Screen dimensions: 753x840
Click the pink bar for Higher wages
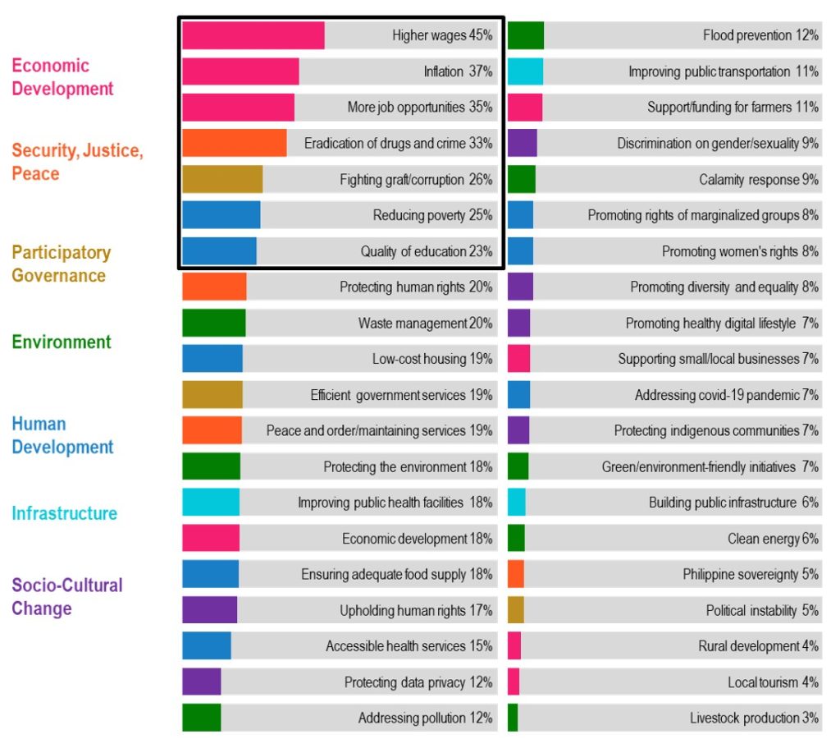click(253, 35)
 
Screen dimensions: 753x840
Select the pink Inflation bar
click(240, 71)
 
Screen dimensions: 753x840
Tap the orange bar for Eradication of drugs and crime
click(234, 143)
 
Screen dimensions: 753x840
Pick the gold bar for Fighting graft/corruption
click(222, 179)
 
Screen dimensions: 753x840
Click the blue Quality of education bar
click(219, 251)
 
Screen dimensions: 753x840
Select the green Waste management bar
click(213, 323)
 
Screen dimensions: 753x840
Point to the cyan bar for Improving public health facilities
click(211, 502)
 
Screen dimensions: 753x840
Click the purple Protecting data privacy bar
click(201, 682)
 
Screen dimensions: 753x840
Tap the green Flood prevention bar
click(525, 35)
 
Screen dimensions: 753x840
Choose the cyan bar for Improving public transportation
click(525, 71)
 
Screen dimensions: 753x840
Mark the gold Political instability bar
click(515, 610)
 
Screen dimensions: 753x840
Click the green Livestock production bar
click(513, 718)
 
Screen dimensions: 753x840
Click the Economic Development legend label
click(62, 77)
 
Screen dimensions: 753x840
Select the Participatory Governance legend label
click(60, 264)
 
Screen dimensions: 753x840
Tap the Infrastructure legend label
click(64, 514)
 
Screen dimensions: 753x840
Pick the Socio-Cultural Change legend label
click(66, 597)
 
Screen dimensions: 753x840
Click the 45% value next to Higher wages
click(481, 35)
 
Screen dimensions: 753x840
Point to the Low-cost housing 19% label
click(431, 359)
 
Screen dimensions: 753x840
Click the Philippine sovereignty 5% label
click(750, 574)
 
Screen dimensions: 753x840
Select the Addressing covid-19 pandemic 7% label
click(726, 395)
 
